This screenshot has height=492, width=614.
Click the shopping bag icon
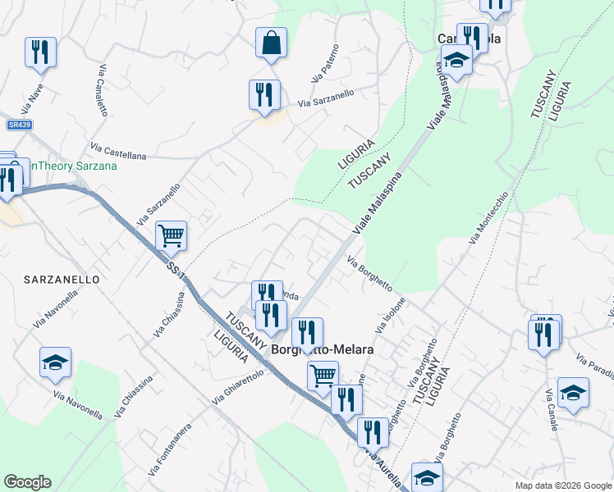coord(271,43)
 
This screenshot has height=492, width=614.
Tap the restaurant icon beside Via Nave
coord(40,52)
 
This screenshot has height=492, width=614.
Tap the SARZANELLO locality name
coord(62,280)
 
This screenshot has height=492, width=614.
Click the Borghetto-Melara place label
coord(323,349)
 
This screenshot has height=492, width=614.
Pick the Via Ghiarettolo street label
coord(237,386)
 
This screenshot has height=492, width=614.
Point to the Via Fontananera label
coord(170,449)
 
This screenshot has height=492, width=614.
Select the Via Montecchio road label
coord(489,217)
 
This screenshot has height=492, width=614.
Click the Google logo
coord(27,482)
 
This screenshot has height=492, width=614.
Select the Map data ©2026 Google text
coord(563,485)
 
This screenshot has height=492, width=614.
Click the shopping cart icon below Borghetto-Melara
coord(323,376)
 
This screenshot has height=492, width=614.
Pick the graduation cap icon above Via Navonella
coord(55,362)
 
